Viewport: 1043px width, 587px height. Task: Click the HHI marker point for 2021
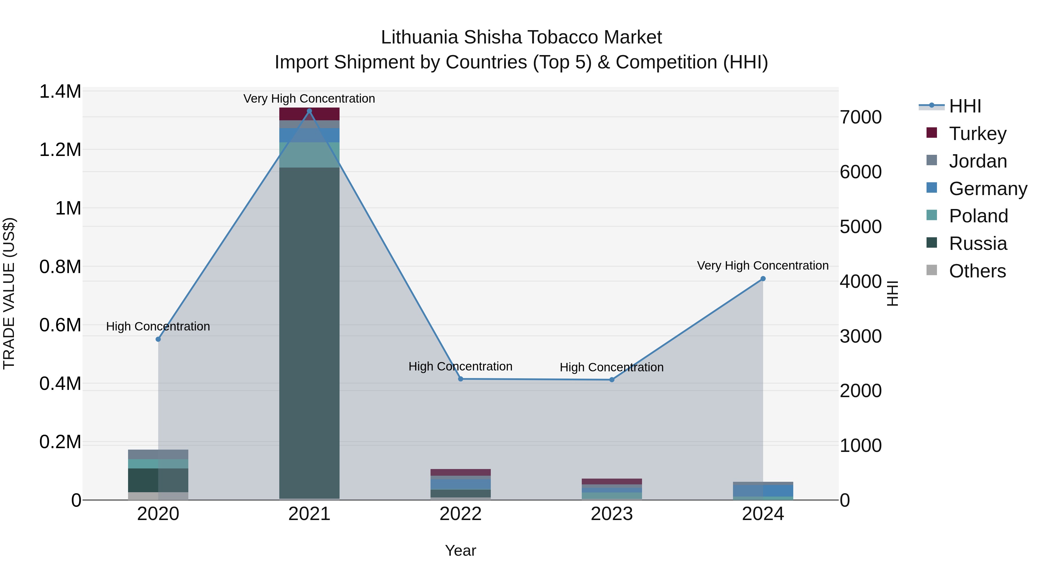(x=309, y=111)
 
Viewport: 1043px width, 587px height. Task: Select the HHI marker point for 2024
(x=763, y=279)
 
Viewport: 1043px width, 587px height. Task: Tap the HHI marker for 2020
(x=158, y=339)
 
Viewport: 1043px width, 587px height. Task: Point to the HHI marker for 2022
(x=460, y=379)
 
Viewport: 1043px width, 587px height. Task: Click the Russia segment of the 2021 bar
(x=309, y=332)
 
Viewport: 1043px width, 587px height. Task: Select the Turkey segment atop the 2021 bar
(x=309, y=114)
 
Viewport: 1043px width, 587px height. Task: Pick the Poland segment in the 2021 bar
(x=309, y=155)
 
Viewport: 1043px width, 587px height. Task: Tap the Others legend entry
(x=977, y=271)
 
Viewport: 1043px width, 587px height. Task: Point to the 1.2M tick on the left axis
(x=60, y=150)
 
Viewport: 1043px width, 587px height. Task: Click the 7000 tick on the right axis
(x=860, y=117)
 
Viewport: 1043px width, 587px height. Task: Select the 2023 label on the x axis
(x=611, y=514)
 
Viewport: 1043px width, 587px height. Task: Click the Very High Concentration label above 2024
(x=763, y=266)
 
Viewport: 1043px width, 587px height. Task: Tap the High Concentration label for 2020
(x=158, y=326)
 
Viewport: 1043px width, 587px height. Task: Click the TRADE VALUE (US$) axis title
(x=9, y=293)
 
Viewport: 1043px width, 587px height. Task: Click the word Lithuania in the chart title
(x=420, y=38)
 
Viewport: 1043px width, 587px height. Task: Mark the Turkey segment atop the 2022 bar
(x=460, y=472)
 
